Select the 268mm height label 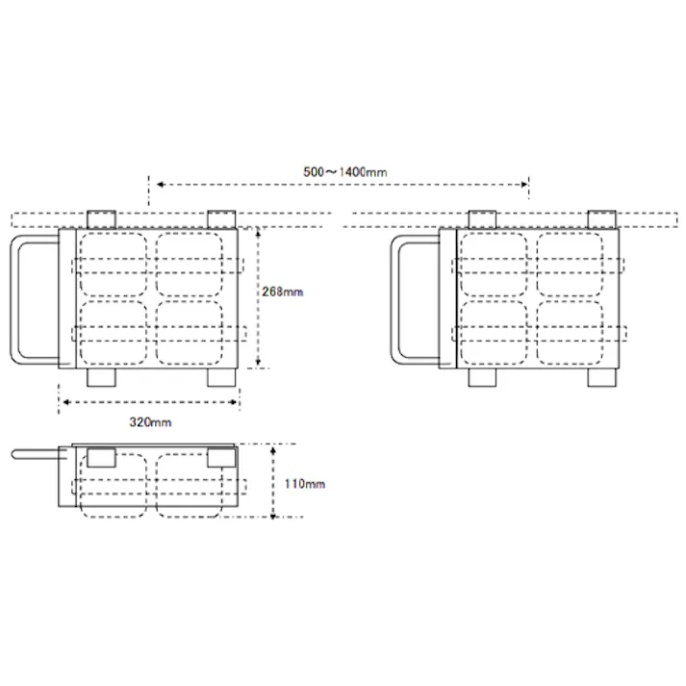pos(283,291)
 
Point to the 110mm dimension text pos(305,484)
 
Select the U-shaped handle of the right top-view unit pos(400,298)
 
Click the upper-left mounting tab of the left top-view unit pos(101,218)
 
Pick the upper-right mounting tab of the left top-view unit pos(221,218)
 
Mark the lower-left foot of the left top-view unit pos(101,378)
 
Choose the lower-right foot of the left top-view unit pos(221,378)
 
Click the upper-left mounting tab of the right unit pos(482,218)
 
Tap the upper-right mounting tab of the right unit pos(602,218)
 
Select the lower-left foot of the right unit pos(482,378)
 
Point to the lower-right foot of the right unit pos(602,378)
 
